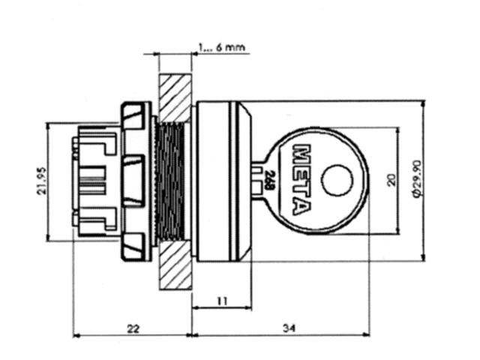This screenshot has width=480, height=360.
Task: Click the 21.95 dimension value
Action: click(43, 182)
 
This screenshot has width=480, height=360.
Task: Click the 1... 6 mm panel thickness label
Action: click(221, 47)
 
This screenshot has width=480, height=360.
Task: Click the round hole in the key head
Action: click(336, 180)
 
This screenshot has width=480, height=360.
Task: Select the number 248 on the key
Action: click(268, 180)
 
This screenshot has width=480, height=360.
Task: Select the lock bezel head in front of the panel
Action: click(221, 181)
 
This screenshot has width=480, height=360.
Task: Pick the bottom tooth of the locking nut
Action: click(133, 244)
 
